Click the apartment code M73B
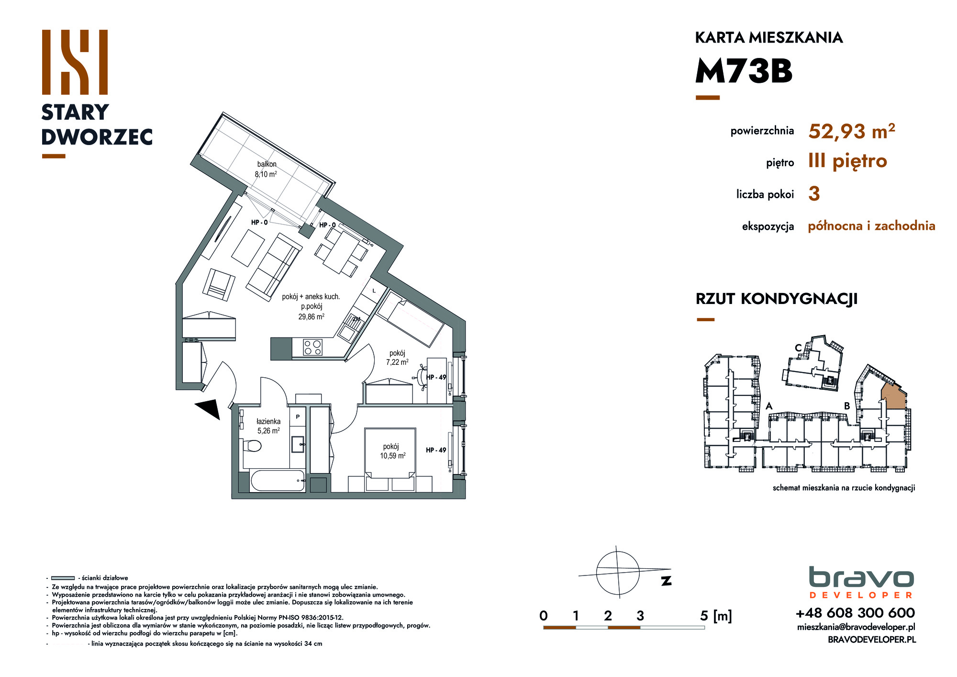(x=744, y=71)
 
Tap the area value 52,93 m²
(x=852, y=131)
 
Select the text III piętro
(x=847, y=161)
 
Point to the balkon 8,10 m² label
(x=266, y=169)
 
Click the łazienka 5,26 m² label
(x=268, y=426)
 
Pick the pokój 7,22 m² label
(x=397, y=358)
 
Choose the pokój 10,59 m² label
(x=392, y=451)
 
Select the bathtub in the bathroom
(x=278, y=481)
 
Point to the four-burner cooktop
(x=313, y=347)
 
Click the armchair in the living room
(x=219, y=285)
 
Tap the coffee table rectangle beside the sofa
(x=249, y=248)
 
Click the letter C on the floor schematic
(x=798, y=348)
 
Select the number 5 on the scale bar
(x=704, y=616)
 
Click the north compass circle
(x=618, y=573)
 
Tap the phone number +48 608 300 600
(x=855, y=613)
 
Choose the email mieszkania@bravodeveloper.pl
(x=856, y=627)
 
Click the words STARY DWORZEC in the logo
(x=97, y=124)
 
